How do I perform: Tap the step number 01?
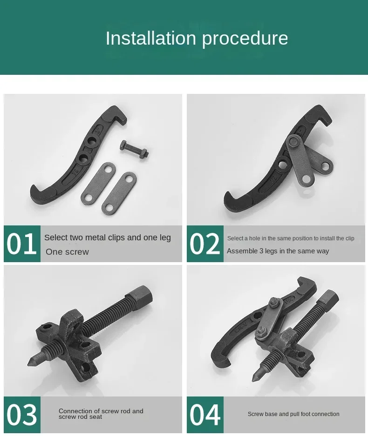tap(21, 244)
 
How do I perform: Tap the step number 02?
tap(205, 244)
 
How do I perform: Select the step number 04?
tap(205, 414)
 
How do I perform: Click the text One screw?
tap(67, 252)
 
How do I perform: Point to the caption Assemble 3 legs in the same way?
tap(278, 251)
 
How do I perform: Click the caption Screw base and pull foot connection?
tap(293, 414)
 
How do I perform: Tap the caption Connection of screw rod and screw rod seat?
tap(101, 414)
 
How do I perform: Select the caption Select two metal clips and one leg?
tap(107, 238)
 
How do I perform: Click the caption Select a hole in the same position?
tap(291, 238)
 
